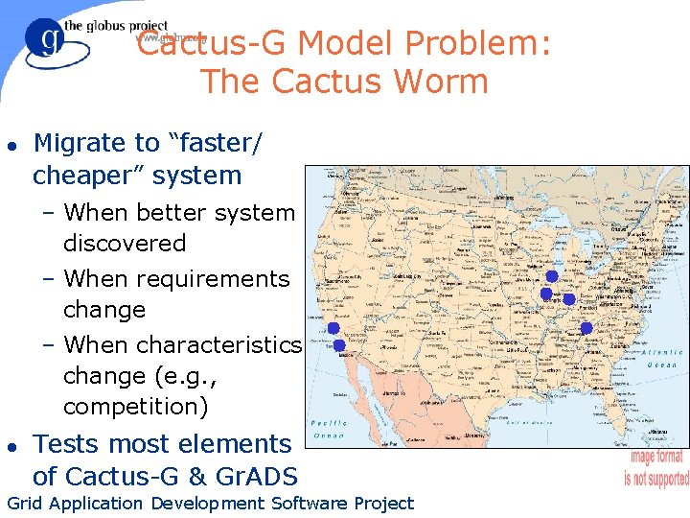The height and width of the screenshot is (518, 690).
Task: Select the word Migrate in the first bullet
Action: click(x=80, y=143)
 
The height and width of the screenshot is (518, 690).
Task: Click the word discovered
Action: click(x=125, y=244)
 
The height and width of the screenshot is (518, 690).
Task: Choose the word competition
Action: click(x=135, y=407)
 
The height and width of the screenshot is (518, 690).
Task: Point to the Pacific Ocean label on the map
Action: click(x=329, y=429)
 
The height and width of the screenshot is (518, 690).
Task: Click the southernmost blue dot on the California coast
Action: click(x=339, y=345)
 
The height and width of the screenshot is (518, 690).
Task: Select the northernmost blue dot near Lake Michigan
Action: click(x=552, y=276)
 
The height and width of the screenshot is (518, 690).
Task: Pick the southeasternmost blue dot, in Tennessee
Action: click(x=586, y=328)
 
